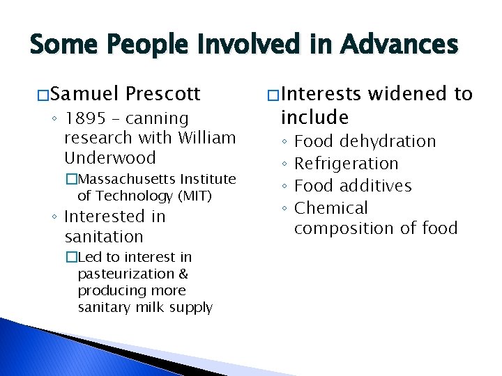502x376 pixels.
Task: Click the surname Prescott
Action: coord(163,93)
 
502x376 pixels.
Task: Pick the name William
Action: coord(207,138)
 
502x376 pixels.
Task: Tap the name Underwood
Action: coord(110,157)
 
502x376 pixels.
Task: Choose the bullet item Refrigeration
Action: coord(346,164)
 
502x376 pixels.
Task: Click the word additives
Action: coord(376,186)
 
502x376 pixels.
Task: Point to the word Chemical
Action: coord(330,208)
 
